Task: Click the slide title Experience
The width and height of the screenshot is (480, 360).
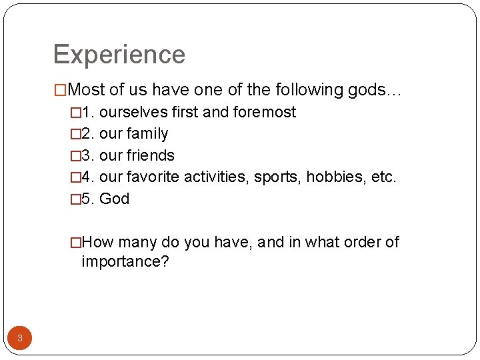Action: click(x=119, y=55)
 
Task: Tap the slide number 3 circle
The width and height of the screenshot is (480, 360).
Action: click(x=20, y=338)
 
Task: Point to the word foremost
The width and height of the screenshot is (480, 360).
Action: click(x=265, y=112)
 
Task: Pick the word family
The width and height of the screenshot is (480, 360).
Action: click(x=148, y=134)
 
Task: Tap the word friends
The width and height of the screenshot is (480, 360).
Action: click(x=151, y=155)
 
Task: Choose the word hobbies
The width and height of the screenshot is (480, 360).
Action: click(x=333, y=177)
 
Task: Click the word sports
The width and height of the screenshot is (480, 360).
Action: click(x=277, y=177)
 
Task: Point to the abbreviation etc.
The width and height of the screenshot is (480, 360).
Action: click(x=382, y=177)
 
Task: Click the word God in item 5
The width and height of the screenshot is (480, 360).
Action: click(x=114, y=199)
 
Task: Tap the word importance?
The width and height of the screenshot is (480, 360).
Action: click(x=125, y=261)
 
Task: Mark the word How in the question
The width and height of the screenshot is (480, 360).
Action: click(x=98, y=242)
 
